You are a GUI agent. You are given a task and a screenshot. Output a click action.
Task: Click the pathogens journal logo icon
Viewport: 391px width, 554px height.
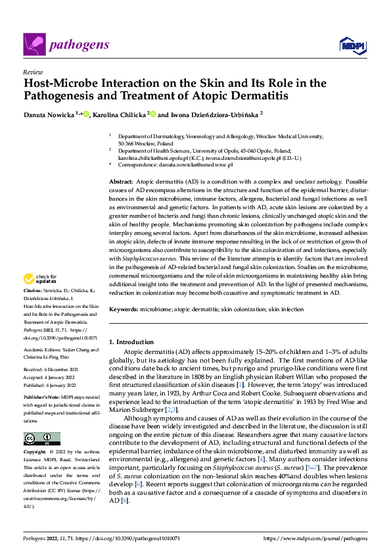point(34,44)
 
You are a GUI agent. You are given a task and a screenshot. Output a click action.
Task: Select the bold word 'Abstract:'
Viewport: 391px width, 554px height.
point(122,181)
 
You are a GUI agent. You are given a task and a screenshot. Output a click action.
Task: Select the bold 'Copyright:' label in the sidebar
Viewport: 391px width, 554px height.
point(35,453)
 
